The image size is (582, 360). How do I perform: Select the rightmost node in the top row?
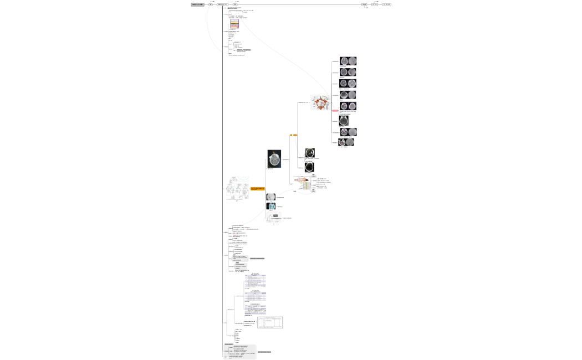386,4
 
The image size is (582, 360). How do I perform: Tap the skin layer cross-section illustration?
234,24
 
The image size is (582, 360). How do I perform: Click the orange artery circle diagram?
321,103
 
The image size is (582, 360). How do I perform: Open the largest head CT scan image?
274,158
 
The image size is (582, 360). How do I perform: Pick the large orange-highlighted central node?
258,189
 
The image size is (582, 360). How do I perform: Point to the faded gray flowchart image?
237,188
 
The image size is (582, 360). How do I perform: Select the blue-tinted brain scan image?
271,206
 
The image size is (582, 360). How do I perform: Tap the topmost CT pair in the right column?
348,61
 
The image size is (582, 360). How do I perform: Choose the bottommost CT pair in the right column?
346,142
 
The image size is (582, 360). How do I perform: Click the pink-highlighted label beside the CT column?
335,111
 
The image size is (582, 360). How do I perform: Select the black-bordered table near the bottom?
270,322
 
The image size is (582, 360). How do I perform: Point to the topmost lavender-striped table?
256,279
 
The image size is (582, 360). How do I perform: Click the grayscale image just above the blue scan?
270,197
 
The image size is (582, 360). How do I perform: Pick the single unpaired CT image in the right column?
344,120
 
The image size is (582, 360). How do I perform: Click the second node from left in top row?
211,4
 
